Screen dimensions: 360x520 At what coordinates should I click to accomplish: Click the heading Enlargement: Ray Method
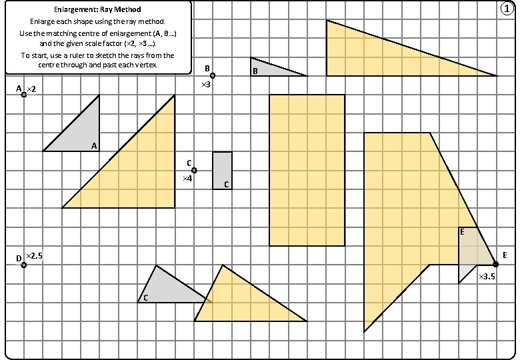(x=97, y=10)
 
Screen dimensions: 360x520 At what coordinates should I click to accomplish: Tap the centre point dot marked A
(x=24, y=95)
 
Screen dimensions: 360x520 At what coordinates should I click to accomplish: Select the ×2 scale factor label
(x=31, y=89)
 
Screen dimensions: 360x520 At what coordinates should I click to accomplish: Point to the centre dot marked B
(x=213, y=76)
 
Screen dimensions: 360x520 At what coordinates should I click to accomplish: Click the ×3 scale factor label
(x=207, y=85)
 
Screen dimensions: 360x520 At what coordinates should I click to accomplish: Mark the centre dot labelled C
(x=194, y=171)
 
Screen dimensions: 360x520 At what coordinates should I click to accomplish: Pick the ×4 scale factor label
(x=187, y=179)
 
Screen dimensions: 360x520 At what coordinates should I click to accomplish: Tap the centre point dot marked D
(x=24, y=265)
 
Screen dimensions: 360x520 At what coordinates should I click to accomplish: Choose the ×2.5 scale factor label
(x=35, y=256)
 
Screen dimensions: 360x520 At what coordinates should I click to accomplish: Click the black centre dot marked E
(x=496, y=265)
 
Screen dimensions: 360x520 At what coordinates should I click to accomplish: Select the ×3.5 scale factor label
(x=487, y=275)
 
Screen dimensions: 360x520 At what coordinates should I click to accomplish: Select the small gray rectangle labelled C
(x=222, y=170)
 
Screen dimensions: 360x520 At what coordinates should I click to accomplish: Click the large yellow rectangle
(x=307, y=170)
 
